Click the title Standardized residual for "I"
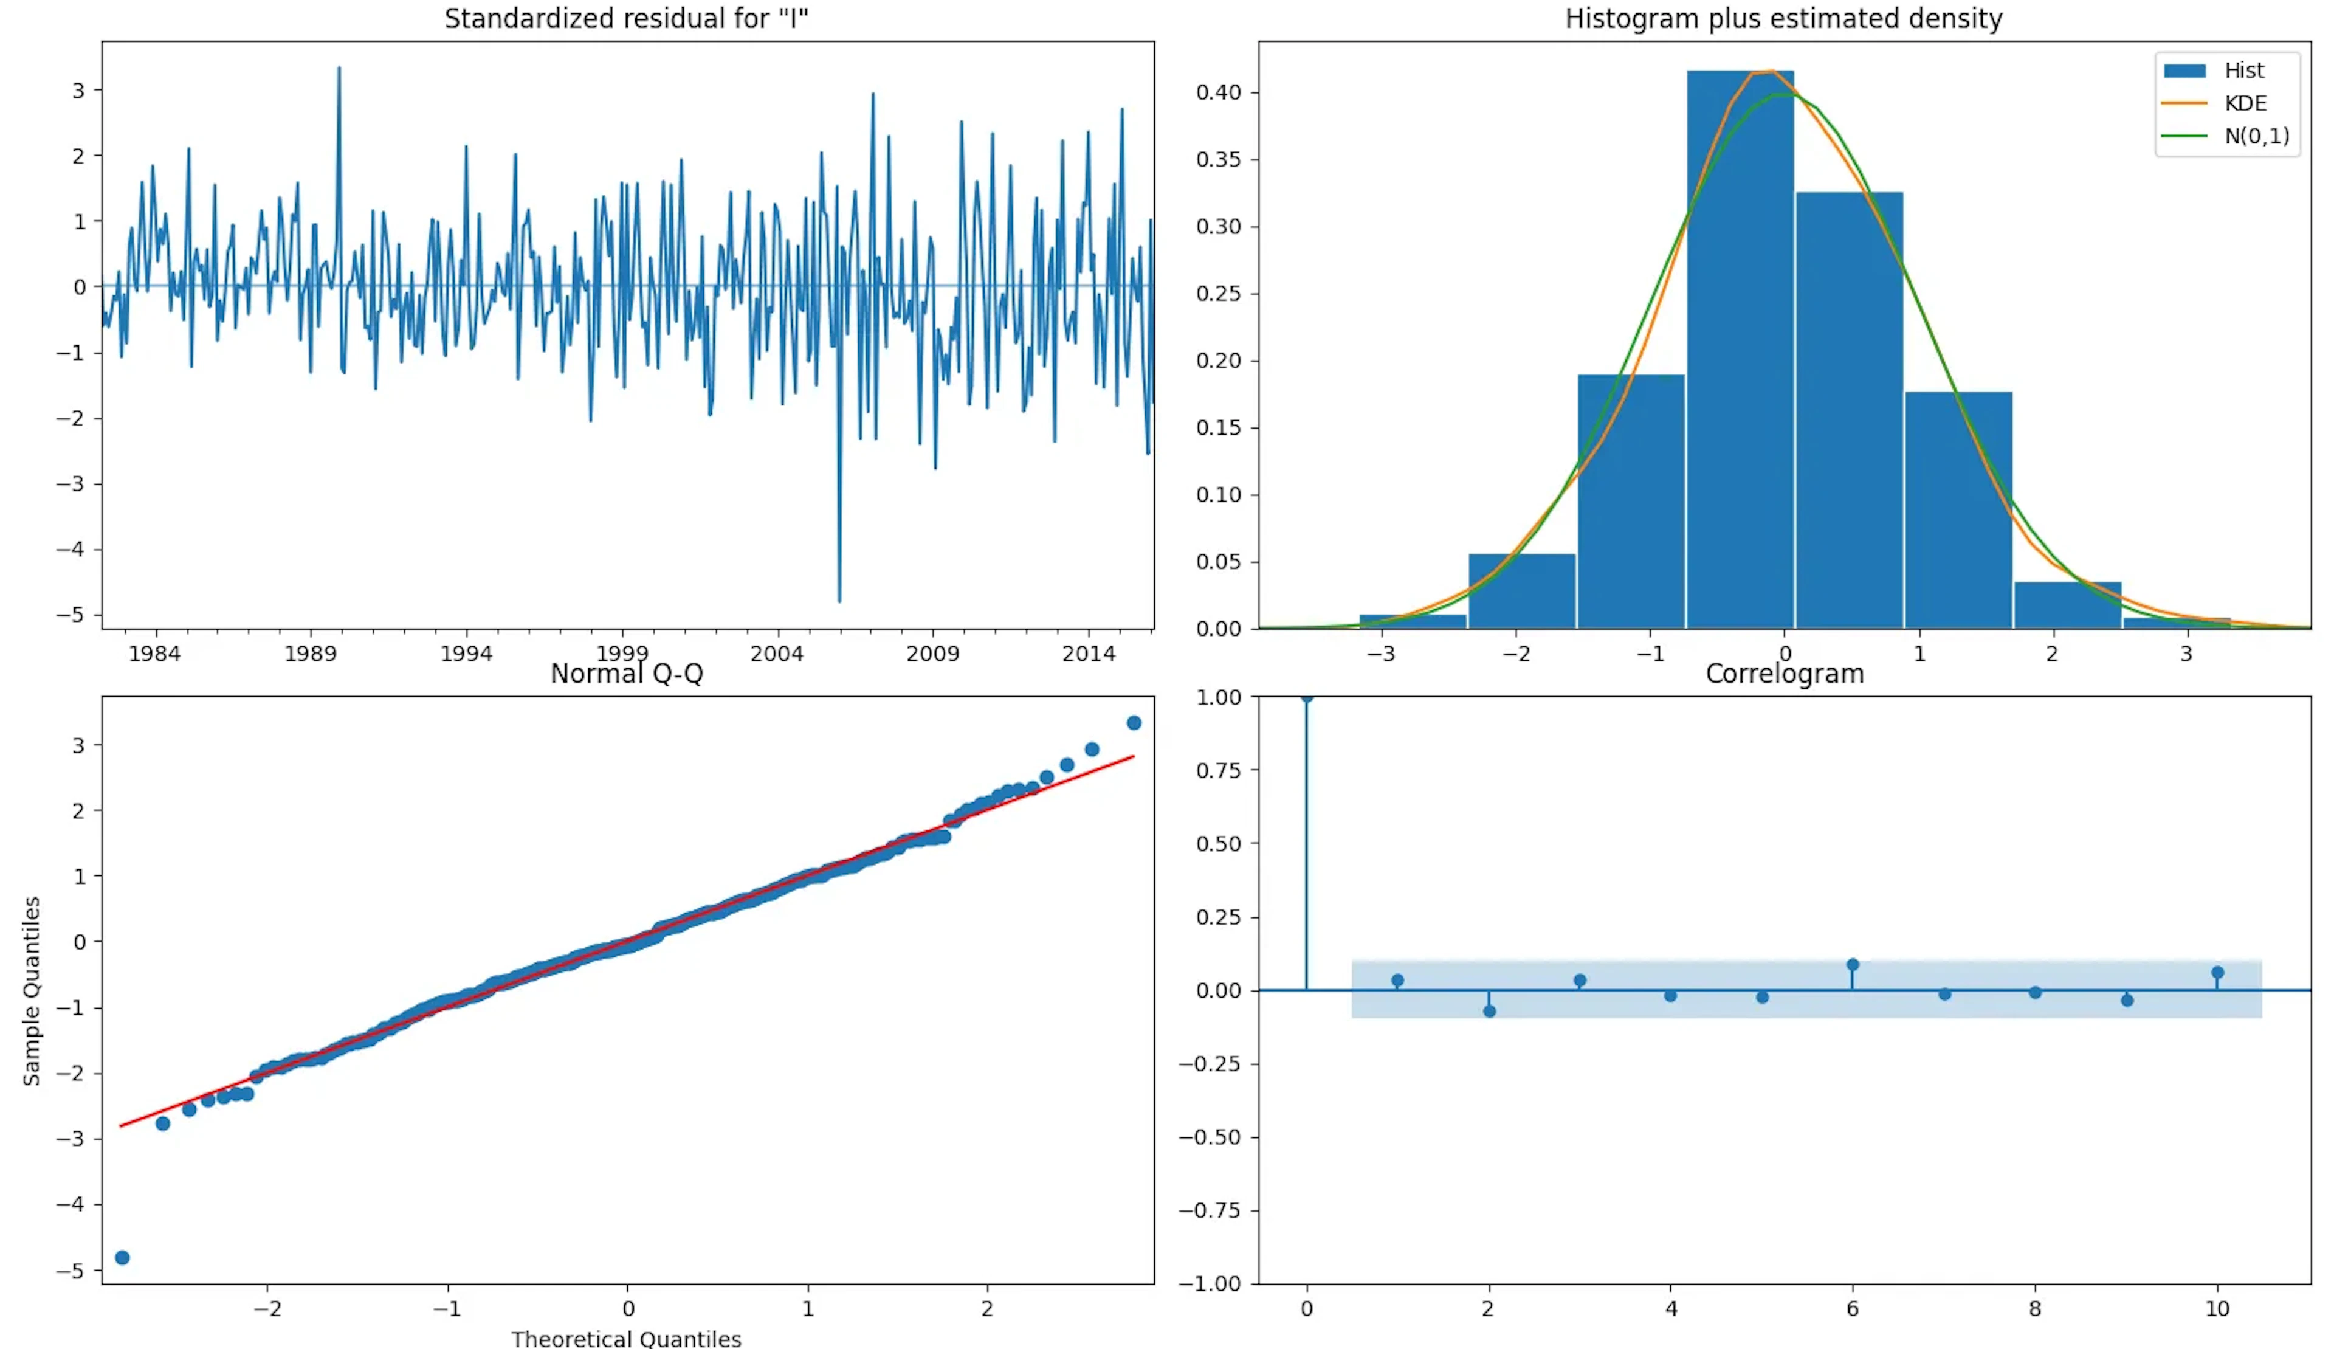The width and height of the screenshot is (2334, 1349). coord(626,18)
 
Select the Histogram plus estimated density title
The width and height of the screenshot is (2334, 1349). coord(1783,18)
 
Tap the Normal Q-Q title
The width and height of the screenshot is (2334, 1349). coord(626,674)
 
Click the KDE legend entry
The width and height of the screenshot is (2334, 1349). coord(2244,103)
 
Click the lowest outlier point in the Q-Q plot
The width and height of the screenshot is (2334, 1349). coord(122,1257)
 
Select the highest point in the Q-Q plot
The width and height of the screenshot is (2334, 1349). coord(1134,723)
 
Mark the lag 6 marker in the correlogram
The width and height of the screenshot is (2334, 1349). coord(1853,965)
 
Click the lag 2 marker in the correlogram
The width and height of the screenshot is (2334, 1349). coord(1489,1011)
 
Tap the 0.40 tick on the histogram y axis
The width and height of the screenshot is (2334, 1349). coord(1218,92)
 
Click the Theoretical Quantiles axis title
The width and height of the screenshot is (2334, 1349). coord(626,1338)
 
